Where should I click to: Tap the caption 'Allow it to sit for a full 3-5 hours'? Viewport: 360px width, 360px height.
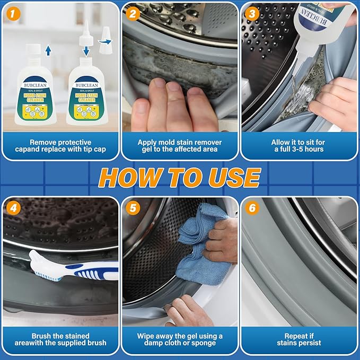click(299, 146)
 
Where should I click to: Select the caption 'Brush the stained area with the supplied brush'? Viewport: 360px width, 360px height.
click(60, 340)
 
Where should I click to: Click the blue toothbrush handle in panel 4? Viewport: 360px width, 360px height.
click(95, 273)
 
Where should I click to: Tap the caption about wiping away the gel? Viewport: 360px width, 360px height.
click(180, 340)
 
